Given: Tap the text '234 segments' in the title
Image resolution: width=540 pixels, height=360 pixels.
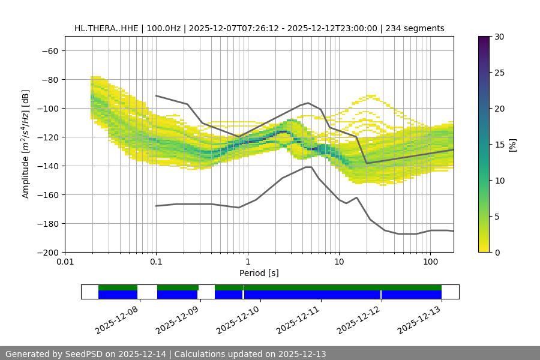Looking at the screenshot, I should (415, 28).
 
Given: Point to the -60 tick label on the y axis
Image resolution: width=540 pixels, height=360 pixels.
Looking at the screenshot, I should (49, 51).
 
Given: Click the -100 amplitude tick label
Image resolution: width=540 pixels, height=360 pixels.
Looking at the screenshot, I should (47, 109).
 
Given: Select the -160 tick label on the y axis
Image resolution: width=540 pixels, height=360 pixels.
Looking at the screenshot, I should (47, 195).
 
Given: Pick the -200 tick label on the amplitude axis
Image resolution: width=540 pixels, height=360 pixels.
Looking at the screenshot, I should (47, 253).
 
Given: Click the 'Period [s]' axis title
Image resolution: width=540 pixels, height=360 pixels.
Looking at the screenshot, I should (259, 274).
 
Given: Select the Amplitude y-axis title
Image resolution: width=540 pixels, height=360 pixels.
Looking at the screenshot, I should (26, 144).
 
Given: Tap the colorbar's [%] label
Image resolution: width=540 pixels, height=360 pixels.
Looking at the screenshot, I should (512, 145).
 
